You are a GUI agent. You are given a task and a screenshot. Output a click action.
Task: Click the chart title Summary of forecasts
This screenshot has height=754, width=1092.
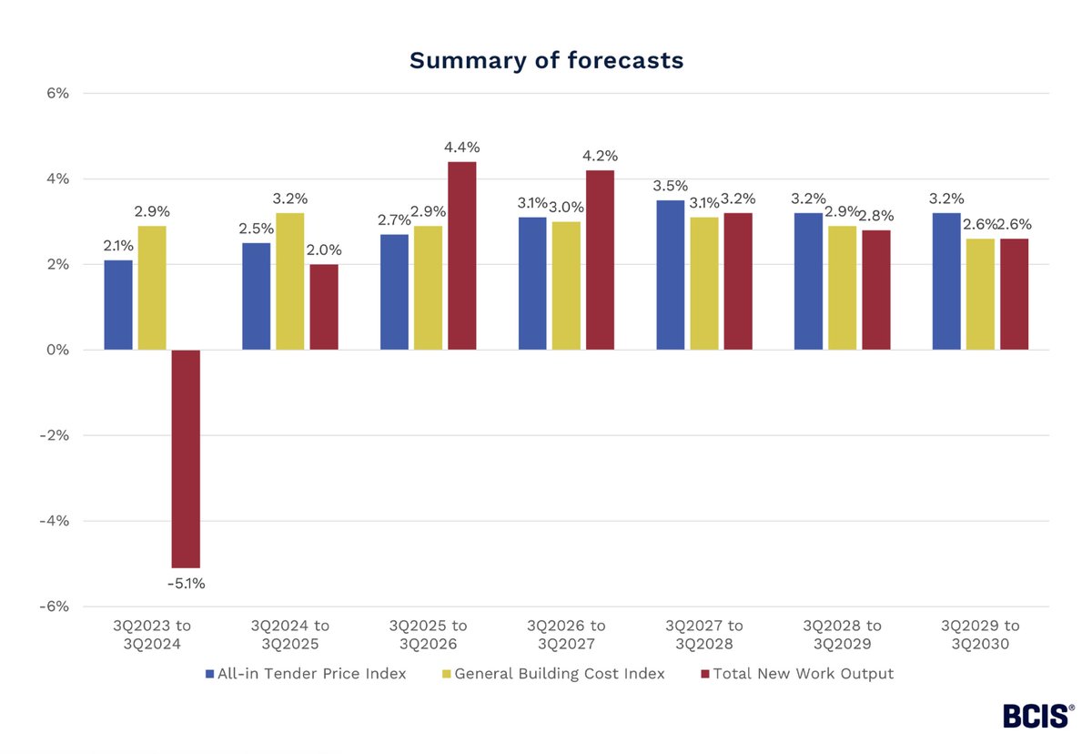(546, 60)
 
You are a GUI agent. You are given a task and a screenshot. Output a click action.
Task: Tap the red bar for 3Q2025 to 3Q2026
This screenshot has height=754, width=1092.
(461, 256)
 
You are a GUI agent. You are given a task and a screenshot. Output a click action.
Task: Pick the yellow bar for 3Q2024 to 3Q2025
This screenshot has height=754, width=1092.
(290, 281)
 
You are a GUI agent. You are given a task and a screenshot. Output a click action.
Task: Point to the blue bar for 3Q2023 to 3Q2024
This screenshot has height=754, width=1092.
(118, 305)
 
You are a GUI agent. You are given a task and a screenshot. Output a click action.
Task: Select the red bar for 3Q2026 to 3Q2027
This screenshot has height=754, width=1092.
(600, 260)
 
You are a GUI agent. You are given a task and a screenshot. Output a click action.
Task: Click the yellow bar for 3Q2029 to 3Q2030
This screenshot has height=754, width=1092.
(980, 294)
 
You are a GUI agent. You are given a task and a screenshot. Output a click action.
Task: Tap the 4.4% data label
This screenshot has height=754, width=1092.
(461, 148)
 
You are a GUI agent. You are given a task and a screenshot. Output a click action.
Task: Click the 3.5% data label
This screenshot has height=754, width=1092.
(670, 186)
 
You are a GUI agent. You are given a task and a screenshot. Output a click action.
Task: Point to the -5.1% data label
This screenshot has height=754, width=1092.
(186, 583)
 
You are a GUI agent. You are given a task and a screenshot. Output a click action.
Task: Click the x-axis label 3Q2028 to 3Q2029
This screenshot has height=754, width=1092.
(842, 635)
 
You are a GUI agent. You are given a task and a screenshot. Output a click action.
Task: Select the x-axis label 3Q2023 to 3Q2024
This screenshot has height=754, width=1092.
(152, 635)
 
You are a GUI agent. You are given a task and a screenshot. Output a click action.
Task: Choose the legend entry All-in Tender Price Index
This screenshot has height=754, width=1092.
(305, 674)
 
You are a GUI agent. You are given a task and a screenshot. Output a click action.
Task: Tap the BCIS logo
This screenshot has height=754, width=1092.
(1037, 716)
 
